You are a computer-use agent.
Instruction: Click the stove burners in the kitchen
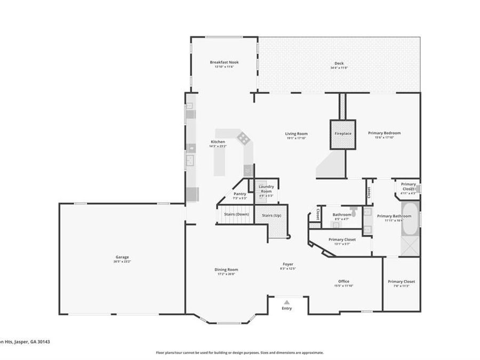[x=243, y=139]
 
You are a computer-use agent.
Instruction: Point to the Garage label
[x=122, y=259]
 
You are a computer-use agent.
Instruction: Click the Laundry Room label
[x=266, y=189]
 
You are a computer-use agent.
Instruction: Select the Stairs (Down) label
[x=236, y=214]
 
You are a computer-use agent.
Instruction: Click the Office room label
[x=343, y=283]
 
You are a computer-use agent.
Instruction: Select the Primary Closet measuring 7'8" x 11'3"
[x=401, y=283]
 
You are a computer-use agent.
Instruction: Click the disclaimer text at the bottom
[x=239, y=353]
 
